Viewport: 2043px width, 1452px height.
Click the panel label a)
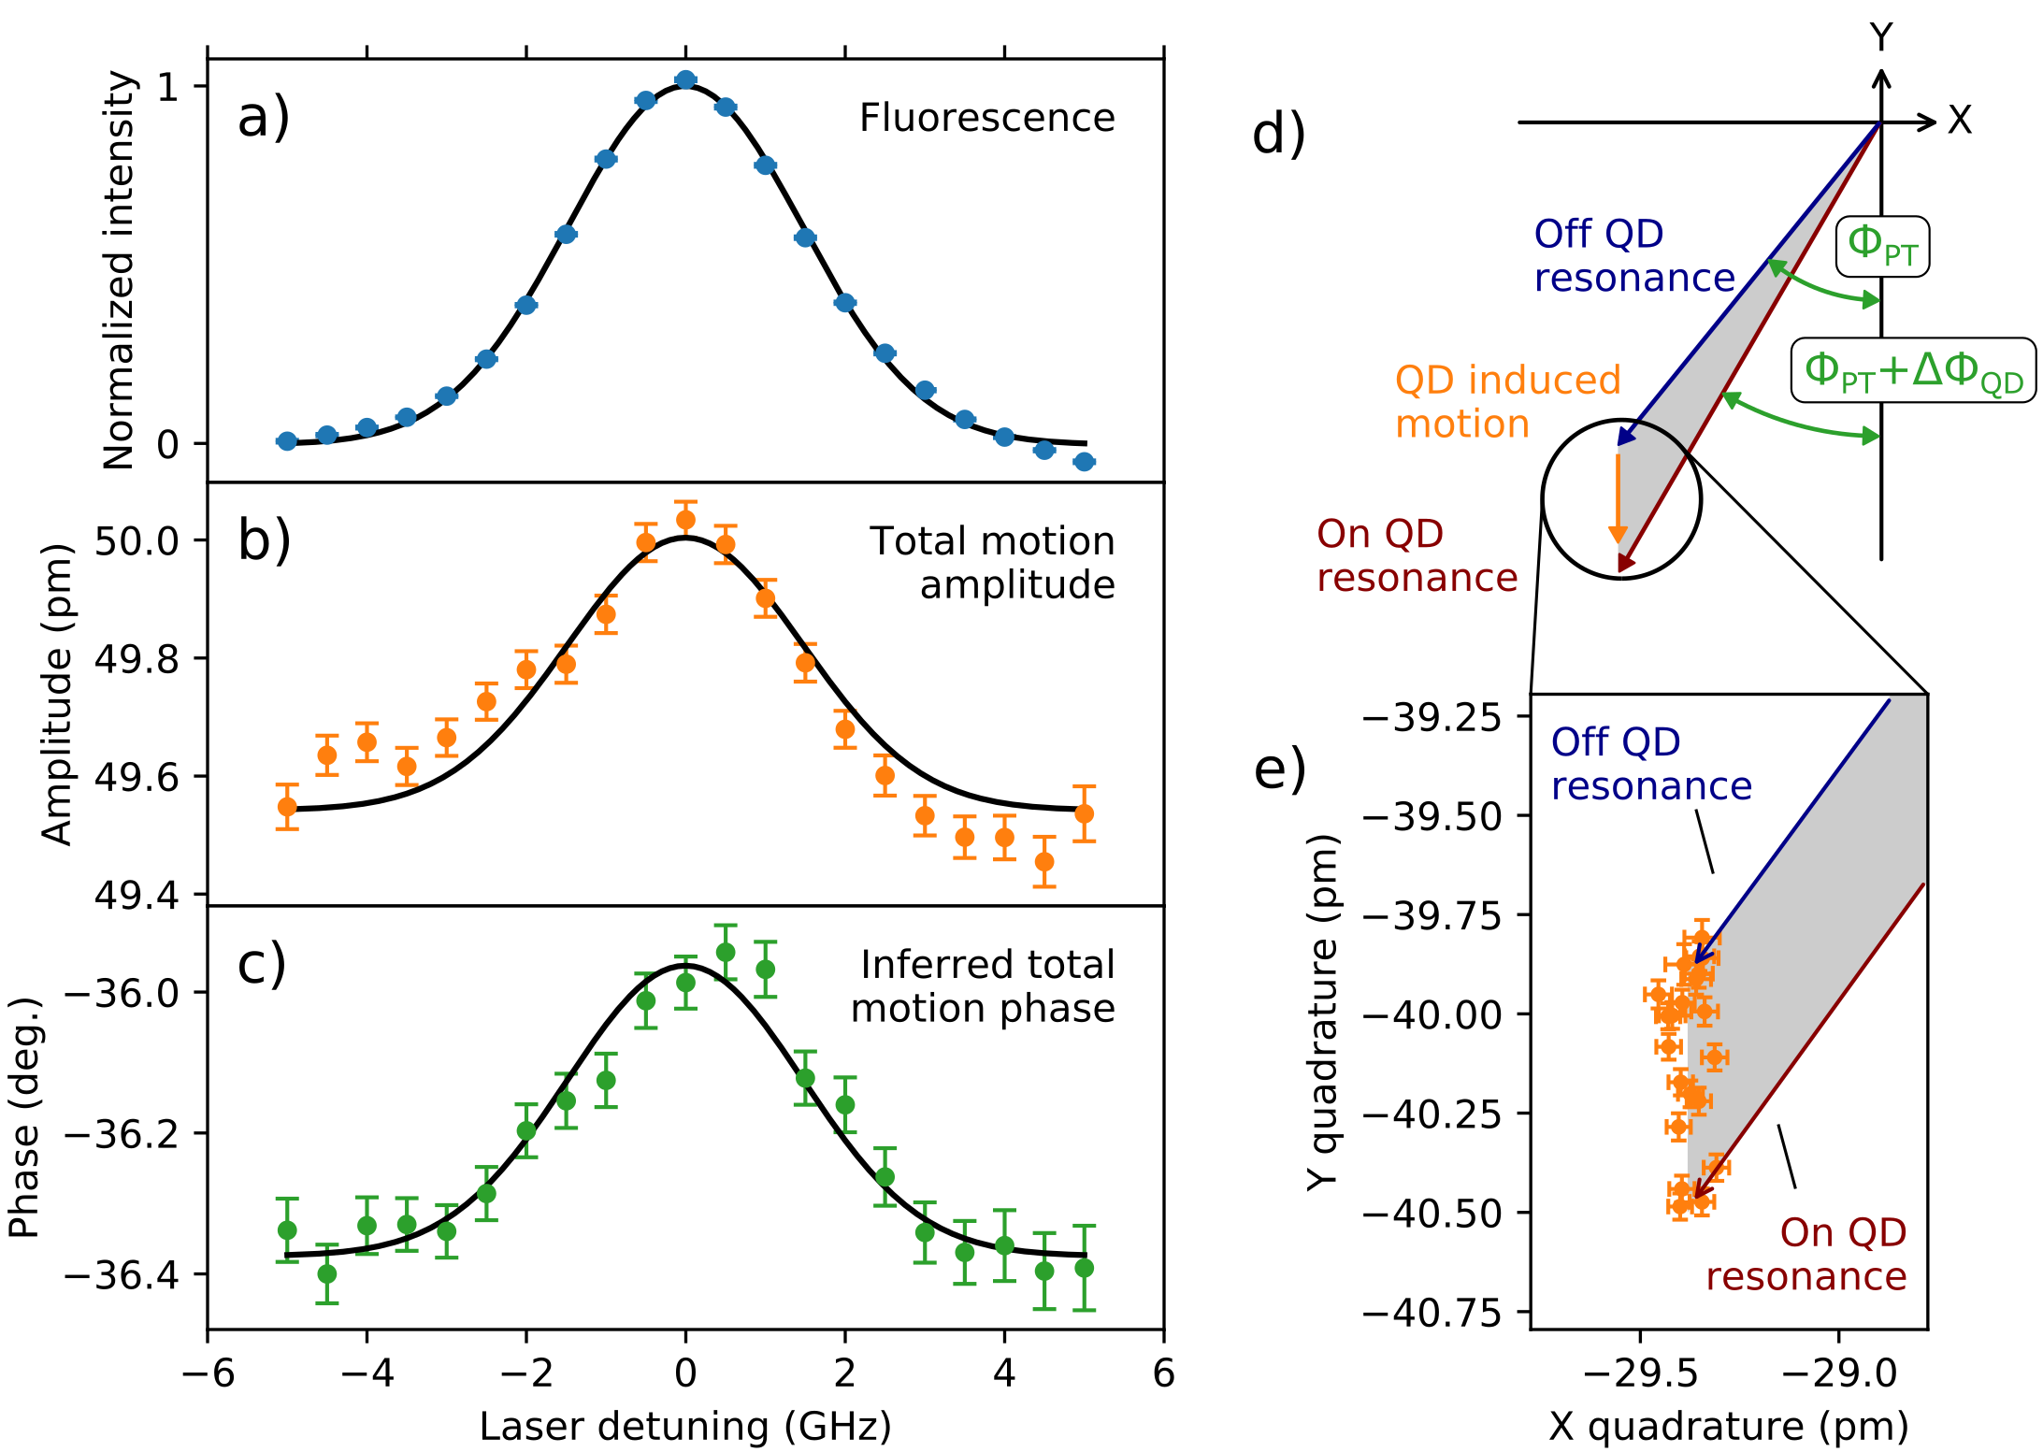(x=264, y=119)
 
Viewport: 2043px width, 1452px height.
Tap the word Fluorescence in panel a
(x=986, y=119)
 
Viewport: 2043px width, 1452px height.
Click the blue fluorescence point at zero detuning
(x=685, y=80)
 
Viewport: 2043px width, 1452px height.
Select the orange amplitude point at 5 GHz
(x=1084, y=813)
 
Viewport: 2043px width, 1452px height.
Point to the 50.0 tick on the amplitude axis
(x=137, y=540)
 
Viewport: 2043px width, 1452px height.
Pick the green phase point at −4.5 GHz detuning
(x=327, y=1273)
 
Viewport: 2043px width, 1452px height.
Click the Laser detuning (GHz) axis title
(x=685, y=1427)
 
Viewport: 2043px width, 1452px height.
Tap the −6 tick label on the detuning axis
(x=208, y=1373)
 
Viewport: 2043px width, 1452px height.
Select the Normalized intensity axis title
(x=120, y=271)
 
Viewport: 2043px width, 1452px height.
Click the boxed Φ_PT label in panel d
(x=1882, y=246)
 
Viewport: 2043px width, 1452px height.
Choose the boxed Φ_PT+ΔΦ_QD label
(x=1913, y=370)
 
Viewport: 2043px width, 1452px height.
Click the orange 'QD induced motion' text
(x=1507, y=402)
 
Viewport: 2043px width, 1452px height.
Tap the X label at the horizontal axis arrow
(x=1960, y=121)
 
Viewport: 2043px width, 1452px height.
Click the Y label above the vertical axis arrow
(x=1881, y=37)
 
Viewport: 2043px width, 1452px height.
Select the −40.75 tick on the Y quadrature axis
(x=1432, y=1313)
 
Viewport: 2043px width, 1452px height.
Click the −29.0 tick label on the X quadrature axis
(x=1839, y=1373)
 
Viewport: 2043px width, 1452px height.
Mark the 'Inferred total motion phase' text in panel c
(x=984, y=986)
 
